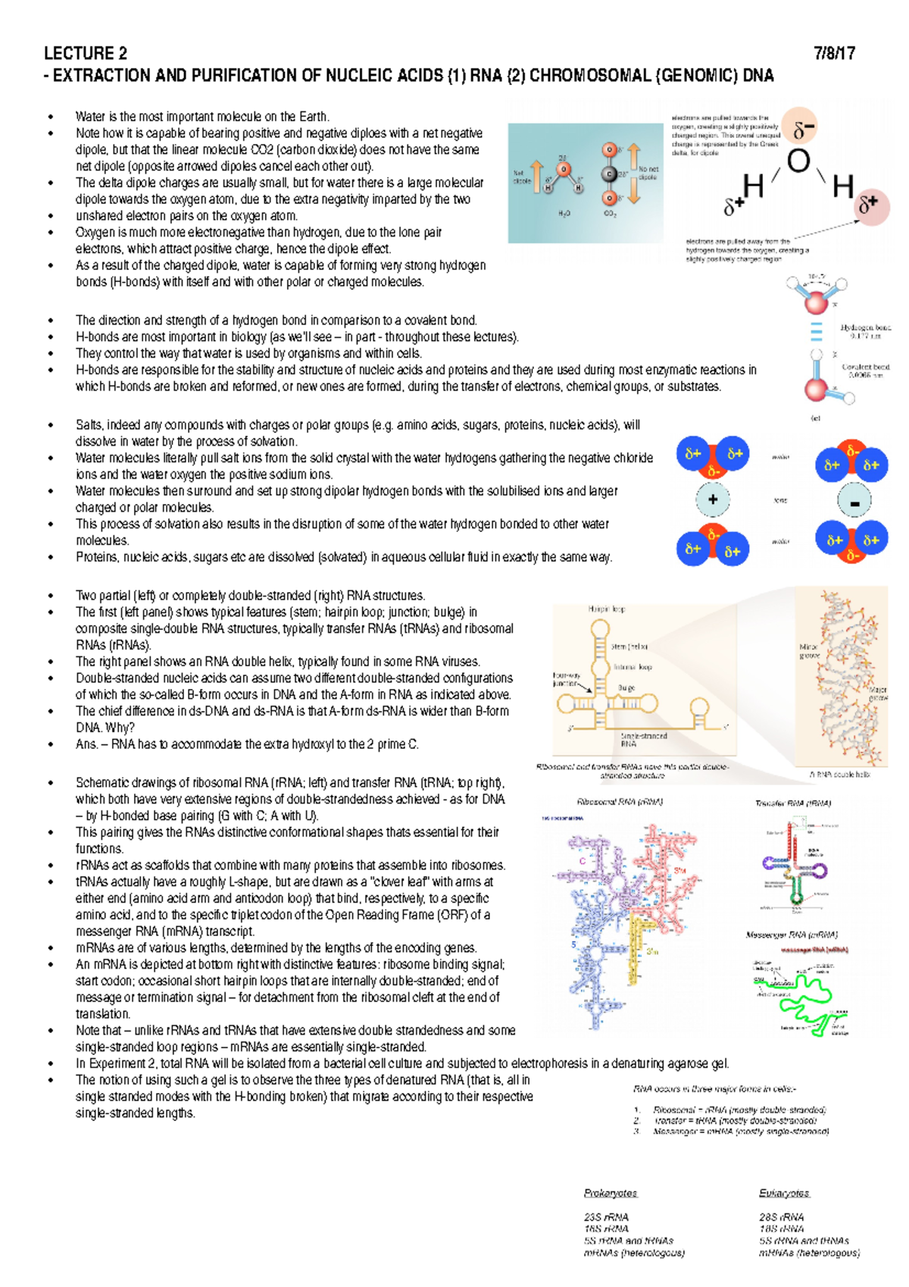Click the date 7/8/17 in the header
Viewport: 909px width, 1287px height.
(x=835, y=54)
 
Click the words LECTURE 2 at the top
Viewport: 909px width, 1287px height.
(x=86, y=54)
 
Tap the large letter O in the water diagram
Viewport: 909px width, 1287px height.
(x=798, y=161)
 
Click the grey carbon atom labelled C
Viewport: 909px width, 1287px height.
(x=610, y=174)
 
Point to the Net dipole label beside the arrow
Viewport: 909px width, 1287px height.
(x=521, y=177)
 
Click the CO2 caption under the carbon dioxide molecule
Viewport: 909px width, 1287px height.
(x=610, y=214)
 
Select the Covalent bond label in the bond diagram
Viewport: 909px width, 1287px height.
(x=865, y=370)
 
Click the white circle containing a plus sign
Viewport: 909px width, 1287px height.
(x=713, y=499)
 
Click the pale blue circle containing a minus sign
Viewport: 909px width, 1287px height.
(x=854, y=501)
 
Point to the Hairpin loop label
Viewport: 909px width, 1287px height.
(x=606, y=609)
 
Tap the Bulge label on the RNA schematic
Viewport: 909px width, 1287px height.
(x=626, y=688)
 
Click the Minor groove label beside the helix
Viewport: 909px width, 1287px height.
(x=809, y=651)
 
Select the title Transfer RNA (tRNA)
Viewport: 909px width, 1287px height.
(x=792, y=803)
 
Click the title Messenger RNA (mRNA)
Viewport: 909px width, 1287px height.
(x=792, y=935)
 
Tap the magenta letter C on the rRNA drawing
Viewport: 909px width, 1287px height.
(x=583, y=861)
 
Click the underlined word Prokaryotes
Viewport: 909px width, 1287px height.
(x=611, y=1193)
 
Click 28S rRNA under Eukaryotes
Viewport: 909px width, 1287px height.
(x=781, y=1217)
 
